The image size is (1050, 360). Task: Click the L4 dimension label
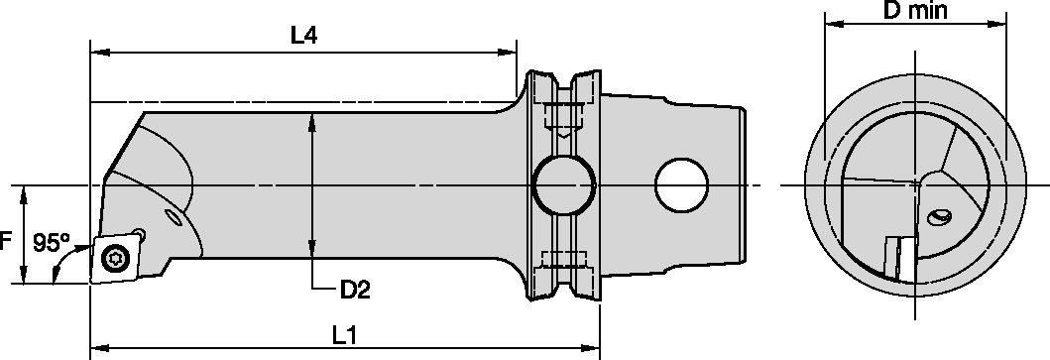tap(303, 35)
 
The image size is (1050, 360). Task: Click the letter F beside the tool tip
tap(7, 241)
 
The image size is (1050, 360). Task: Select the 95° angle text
tap(52, 242)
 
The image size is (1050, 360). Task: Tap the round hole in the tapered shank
tap(683, 184)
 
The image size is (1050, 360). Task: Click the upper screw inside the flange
tap(563, 117)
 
